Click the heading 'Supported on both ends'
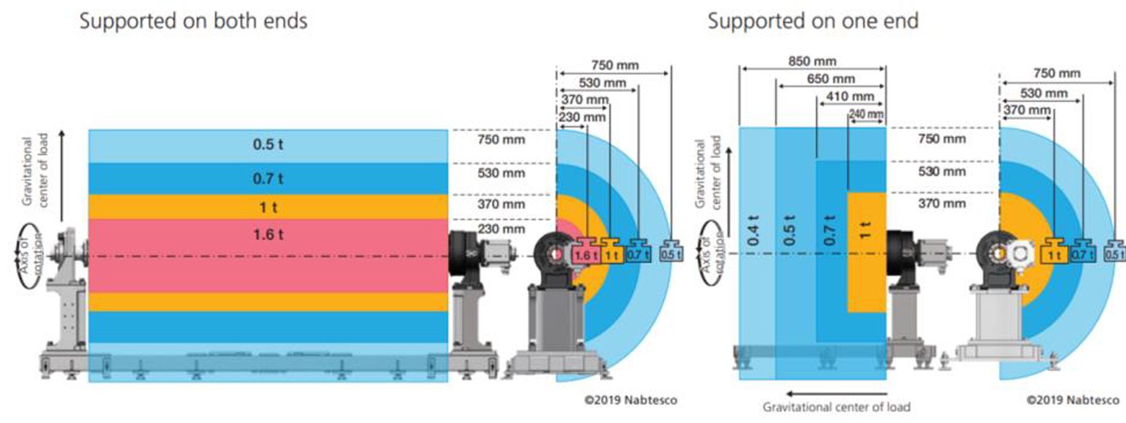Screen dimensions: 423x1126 tap(193, 21)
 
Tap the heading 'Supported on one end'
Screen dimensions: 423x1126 tap(812, 21)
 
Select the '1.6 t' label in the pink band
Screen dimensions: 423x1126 tap(268, 234)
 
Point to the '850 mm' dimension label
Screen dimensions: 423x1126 tap(812, 61)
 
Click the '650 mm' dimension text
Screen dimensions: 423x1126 tap(830, 78)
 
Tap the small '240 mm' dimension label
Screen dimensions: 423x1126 tap(866, 114)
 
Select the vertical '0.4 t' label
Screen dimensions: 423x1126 tap(754, 229)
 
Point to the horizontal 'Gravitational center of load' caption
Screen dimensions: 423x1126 tap(836, 407)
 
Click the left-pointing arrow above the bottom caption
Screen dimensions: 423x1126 tap(836, 394)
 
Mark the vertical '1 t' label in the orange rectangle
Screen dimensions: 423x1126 tap(865, 229)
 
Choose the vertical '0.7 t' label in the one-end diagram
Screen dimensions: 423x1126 tap(830, 229)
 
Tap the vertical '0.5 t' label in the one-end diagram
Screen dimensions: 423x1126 tap(790, 229)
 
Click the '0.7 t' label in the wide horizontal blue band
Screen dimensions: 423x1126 tap(268, 179)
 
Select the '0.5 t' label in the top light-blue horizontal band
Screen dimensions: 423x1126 tap(268, 144)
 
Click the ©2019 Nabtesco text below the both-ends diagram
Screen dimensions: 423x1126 tap(631, 400)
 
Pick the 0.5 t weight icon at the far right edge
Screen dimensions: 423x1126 tap(1114, 251)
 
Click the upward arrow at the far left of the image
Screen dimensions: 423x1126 tap(62, 174)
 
